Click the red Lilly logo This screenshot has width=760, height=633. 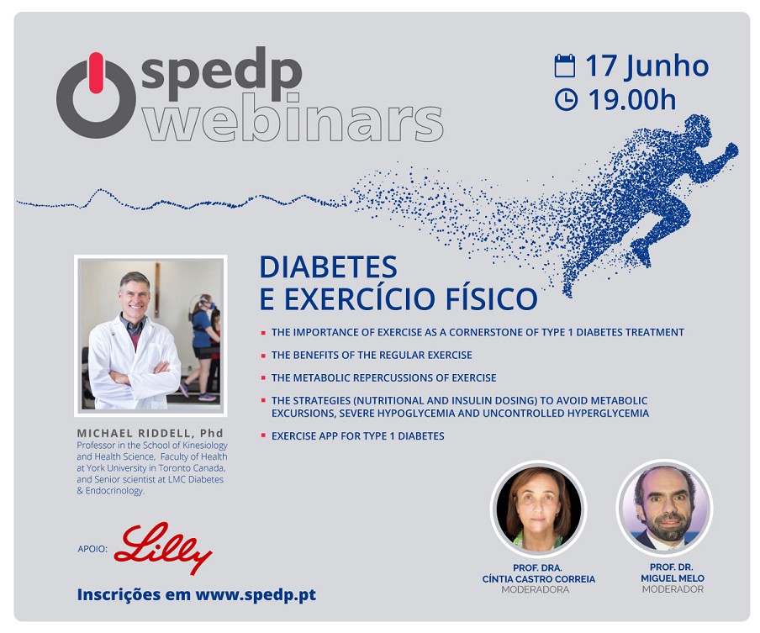pyautogui.click(x=163, y=548)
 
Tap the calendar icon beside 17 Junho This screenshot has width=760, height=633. pyautogui.click(x=565, y=66)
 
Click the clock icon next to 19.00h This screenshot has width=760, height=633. pyautogui.click(x=566, y=99)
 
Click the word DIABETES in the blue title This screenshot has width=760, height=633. pyautogui.click(x=328, y=267)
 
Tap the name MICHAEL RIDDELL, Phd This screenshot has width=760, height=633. pyautogui.click(x=150, y=433)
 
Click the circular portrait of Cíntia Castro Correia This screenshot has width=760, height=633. pyautogui.click(x=538, y=509)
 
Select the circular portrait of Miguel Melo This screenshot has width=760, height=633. pyautogui.click(x=665, y=508)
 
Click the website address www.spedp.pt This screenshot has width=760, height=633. pyautogui.click(x=256, y=594)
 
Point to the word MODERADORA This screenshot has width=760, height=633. pyautogui.click(x=535, y=589)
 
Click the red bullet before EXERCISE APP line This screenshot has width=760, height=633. pyautogui.click(x=263, y=435)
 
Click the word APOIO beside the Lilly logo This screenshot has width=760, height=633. pyautogui.click(x=92, y=549)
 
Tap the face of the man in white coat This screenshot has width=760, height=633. pyautogui.click(x=135, y=295)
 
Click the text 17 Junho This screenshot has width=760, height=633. pyautogui.click(x=647, y=66)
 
